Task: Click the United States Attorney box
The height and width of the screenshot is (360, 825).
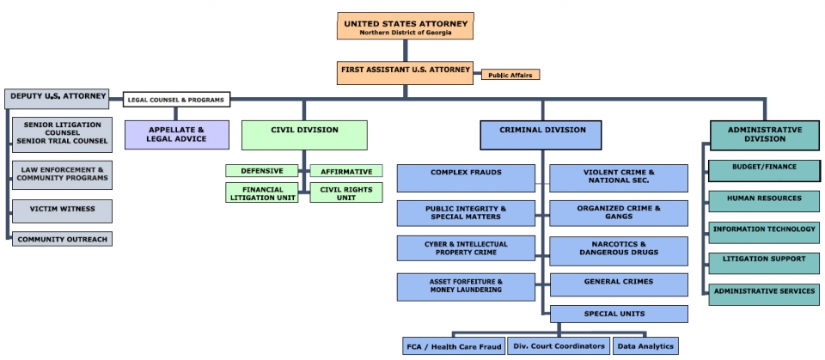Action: tap(404, 26)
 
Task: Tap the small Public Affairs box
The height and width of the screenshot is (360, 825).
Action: tap(510, 75)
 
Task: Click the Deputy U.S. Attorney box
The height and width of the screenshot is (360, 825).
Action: tap(58, 98)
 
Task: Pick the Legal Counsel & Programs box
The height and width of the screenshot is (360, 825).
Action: tap(177, 100)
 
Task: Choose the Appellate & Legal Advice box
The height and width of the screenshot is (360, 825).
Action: tap(178, 135)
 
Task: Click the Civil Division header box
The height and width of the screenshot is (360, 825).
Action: tap(304, 135)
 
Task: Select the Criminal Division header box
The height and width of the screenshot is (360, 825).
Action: tap(541, 135)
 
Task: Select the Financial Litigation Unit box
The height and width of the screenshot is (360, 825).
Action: tap(262, 192)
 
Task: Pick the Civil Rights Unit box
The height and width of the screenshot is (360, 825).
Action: tap(345, 192)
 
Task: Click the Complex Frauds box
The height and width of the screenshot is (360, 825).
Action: tap(466, 178)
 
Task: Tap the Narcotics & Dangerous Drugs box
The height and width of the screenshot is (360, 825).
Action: tap(619, 251)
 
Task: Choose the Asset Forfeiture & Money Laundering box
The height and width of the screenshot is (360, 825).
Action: tap(466, 286)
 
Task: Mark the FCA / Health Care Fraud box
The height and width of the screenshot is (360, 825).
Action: tap(453, 346)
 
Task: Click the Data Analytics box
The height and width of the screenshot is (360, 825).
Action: tap(645, 346)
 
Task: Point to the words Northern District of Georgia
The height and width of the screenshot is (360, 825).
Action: tap(404, 31)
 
